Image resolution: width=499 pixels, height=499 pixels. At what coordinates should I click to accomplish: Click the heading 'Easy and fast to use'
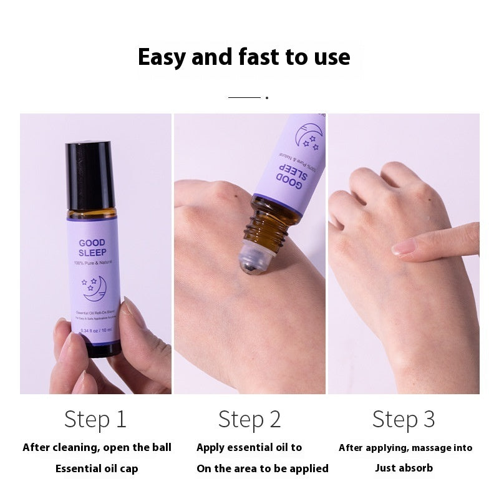pyautogui.click(x=243, y=57)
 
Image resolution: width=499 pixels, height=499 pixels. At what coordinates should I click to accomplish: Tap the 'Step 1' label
pyautogui.click(x=95, y=419)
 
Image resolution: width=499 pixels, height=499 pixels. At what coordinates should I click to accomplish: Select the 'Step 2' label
pyautogui.click(x=249, y=419)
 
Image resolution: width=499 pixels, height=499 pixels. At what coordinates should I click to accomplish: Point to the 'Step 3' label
pyautogui.click(x=403, y=419)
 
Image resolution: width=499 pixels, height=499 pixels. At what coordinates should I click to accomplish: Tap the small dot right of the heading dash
pyautogui.click(x=267, y=98)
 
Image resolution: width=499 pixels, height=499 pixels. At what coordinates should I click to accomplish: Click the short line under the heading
pyautogui.click(x=244, y=98)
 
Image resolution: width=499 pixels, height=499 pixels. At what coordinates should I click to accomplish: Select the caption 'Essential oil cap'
pyautogui.click(x=97, y=468)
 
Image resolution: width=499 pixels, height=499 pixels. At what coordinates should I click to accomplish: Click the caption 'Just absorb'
pyautogui.click(x=404, y=468)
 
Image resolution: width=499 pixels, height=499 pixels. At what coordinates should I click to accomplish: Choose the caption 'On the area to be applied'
pyautogui.click(x=262, y=468)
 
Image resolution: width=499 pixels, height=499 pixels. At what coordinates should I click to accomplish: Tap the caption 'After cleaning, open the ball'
pyautogui.click(x=97, y=447)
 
